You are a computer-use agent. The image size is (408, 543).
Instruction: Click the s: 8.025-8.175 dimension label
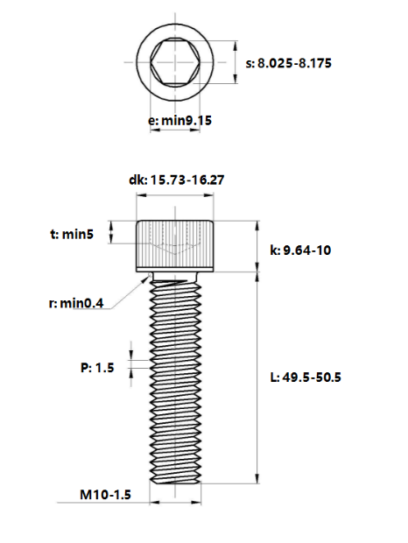(x=289, y=63)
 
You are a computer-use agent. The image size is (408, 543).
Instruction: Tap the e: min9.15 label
(x=179, y=121)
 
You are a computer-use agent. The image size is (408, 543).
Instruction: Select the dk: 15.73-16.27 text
(x=177, y=180)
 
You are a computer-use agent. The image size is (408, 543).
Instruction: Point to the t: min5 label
(x=72, y=235)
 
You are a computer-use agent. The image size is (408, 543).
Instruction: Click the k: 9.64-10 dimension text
(x=300, y=250)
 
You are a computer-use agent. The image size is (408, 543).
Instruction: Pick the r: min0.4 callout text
(x=76, y=303)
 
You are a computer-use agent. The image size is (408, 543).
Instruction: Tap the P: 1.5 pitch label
(x=97, y=368)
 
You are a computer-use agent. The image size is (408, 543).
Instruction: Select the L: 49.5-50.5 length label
(x=306, y=377)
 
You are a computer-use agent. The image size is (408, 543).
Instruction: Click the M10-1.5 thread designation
(x=106, y=495)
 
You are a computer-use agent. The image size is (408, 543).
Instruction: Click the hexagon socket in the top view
(x=175, y=62)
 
